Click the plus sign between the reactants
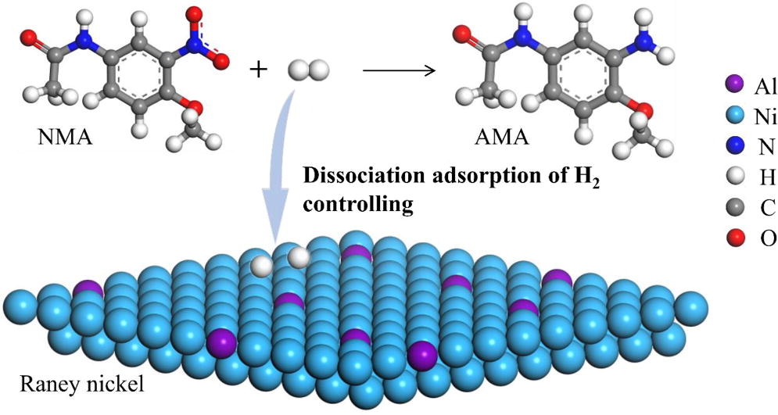257,70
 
